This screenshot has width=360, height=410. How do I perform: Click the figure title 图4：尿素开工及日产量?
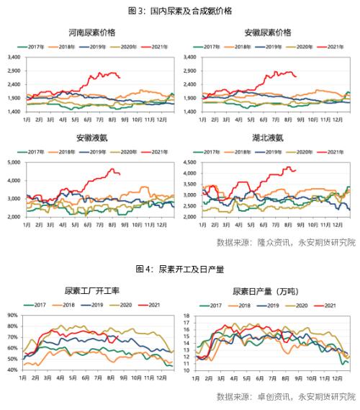coord(180,269)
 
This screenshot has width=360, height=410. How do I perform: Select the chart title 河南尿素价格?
coord(91,33)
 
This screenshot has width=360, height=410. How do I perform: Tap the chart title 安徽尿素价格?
coord(269,33)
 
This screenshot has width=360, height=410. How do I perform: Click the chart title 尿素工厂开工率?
coord(91,291)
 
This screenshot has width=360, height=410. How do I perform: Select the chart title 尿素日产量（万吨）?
coord(269,291)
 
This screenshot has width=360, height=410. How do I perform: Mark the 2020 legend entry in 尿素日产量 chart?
coord(304,305)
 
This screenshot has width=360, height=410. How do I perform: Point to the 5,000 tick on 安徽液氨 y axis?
coord(14,163)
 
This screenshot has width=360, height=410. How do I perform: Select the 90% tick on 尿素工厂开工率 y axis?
coord(12,316)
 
